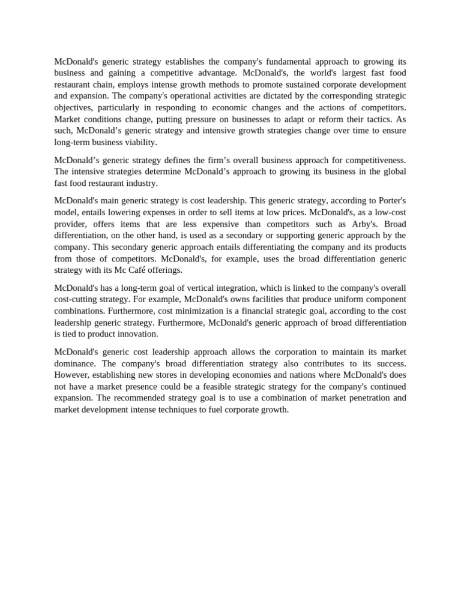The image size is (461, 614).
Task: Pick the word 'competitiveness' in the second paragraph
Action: coord(374,160)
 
